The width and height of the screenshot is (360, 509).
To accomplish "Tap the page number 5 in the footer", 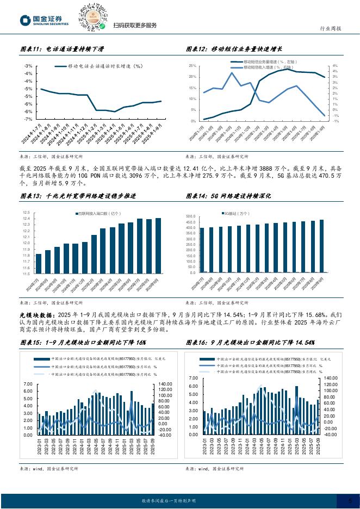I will pyautogui.click(x=350, y=500).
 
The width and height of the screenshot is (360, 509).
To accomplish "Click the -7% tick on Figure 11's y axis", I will pyautogui.click(x=28, y=119).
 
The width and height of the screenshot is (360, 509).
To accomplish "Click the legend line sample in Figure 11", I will pyautogui.click(x=60, y=66).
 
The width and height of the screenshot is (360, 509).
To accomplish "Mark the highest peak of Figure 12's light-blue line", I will pyautogui.click(x=232, y=73).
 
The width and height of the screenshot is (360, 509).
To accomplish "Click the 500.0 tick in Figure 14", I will pyautogui.click(x=190, y=216).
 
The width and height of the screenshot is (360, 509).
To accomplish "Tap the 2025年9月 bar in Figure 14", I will pyautogui.click(x=321, y=246).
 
